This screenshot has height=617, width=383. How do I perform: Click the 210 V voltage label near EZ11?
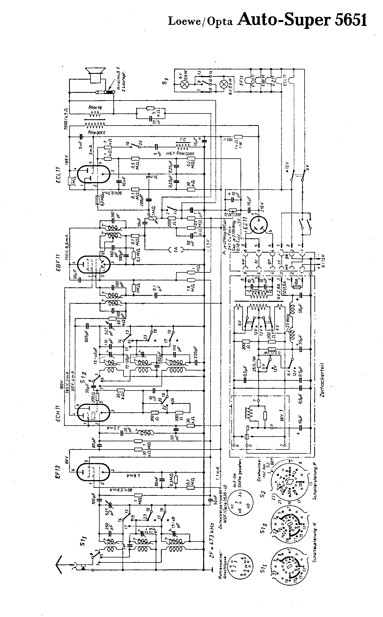coord(261,207)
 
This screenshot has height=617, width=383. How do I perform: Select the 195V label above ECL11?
coord(66,163)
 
